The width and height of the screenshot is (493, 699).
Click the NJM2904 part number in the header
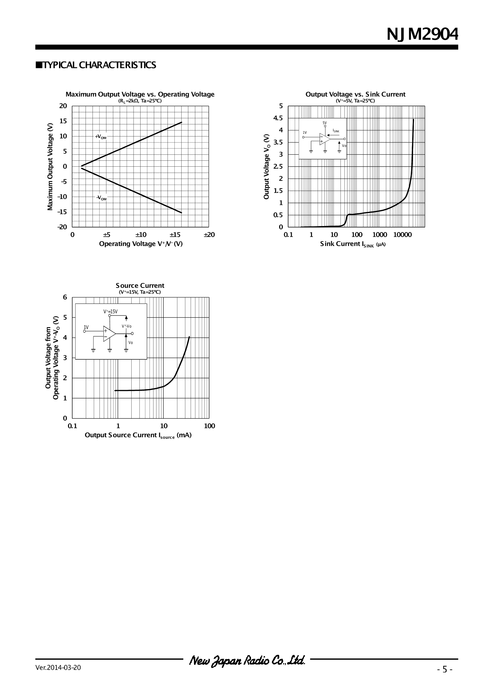(x=422, y=34)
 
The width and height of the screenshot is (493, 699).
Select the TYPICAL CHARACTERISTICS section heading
(x=96, y=65)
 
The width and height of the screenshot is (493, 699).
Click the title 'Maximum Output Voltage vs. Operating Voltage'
(x=140, y=94)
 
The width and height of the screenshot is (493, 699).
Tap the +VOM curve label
(x=101, y=136)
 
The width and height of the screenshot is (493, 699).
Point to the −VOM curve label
(x=101, y=198)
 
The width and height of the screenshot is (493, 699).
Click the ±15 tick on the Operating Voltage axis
(x=175, y=235)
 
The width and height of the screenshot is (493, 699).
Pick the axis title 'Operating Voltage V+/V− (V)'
(x=141, y=244)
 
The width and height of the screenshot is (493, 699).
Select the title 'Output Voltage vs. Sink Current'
(x=355, y=94)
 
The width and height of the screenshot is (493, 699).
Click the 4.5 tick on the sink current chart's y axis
(x=278, y=118)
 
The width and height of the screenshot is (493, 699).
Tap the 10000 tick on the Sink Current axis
(x=402, y=235)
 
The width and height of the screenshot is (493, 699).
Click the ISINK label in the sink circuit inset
(x=336, y=131)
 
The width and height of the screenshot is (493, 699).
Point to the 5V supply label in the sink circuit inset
(x=325, y=123)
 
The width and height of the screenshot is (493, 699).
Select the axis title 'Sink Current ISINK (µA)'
(x=353, y=244)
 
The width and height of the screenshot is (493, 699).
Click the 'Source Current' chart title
(x=140, y=286)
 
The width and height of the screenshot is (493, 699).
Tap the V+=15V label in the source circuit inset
(x=110, y=311)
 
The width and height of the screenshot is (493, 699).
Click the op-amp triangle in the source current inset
(x=109, y=333)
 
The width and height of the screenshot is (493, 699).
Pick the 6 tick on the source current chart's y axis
(x=65, y=297)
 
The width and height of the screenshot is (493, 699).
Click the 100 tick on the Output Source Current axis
(x=210, y=426)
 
